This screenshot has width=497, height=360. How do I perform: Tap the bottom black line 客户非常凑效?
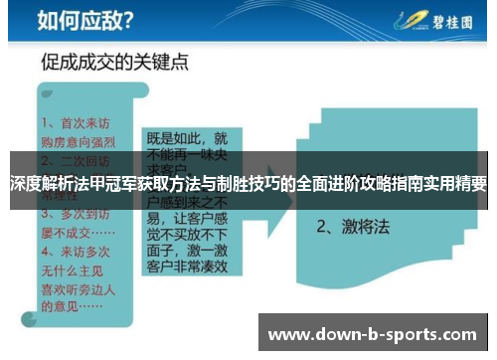tap(188, 267)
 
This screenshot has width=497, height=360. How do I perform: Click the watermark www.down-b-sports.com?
tap(372, 334)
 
